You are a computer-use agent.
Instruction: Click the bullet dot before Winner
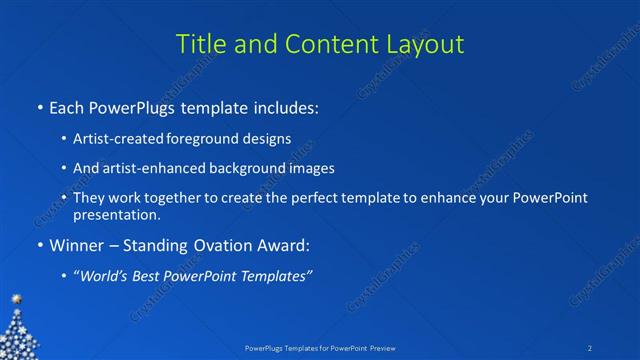(39, 245)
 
